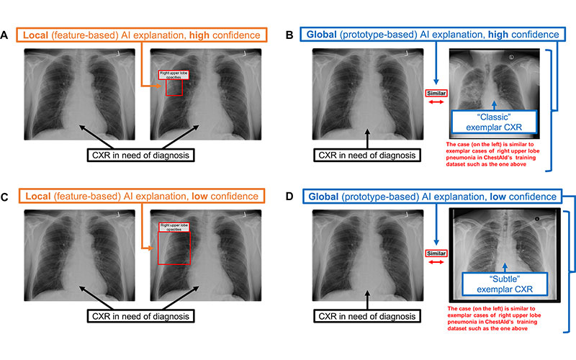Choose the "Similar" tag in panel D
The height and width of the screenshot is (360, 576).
coord(437,253)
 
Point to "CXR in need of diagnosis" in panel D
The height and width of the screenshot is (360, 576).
coord(367,315)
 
